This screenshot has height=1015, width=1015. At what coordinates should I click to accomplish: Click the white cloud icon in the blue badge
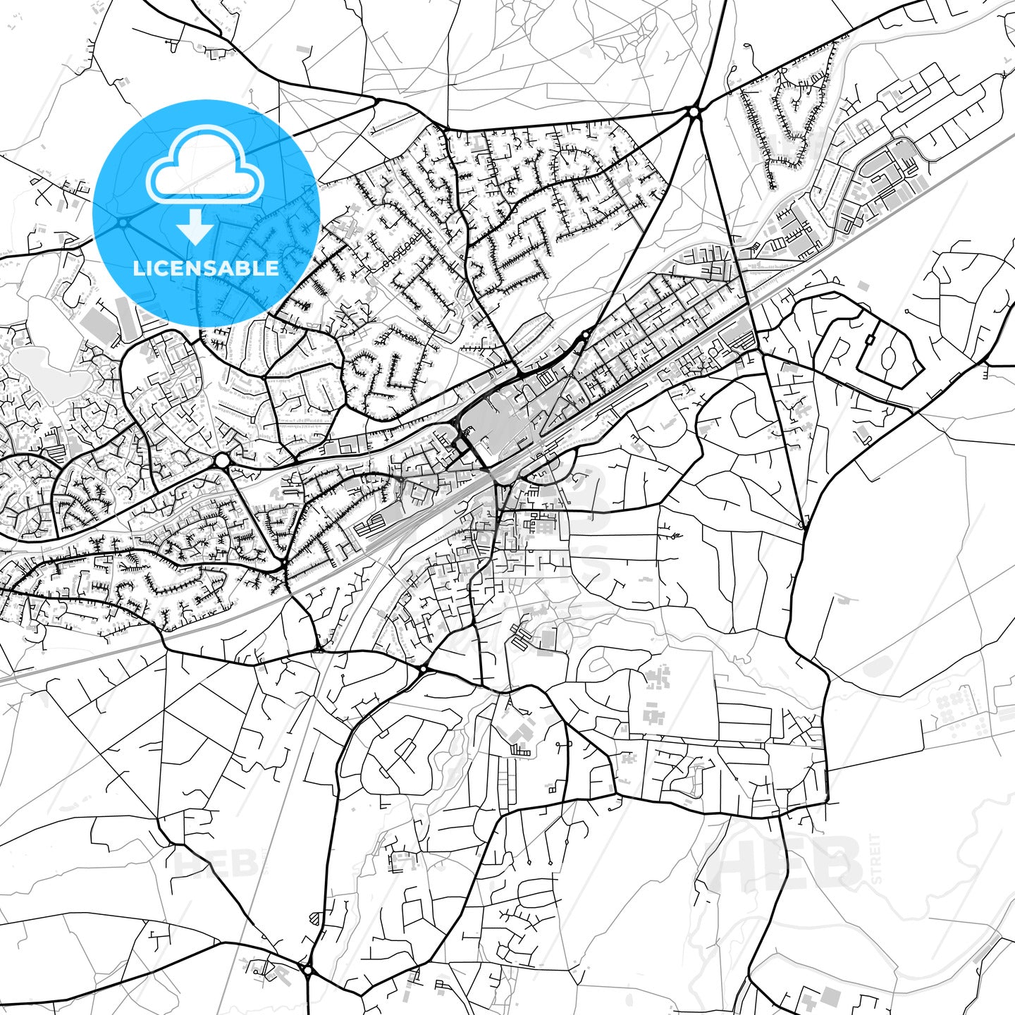coord(205,165)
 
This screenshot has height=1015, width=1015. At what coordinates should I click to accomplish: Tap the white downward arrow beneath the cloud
coord(196,227)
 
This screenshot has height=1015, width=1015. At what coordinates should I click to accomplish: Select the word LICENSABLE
coord(206,268)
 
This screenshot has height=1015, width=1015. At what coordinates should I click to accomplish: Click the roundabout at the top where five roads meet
coord(694,111)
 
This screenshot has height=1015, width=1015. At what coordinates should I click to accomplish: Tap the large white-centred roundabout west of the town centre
coord(222,460)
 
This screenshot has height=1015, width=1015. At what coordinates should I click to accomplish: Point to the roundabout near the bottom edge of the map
coord(308,971)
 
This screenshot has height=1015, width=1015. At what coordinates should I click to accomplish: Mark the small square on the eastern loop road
coord(869,340)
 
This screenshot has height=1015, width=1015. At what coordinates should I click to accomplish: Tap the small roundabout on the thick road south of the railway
coord(423,668)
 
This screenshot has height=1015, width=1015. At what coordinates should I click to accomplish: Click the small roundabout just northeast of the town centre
coord(586,335)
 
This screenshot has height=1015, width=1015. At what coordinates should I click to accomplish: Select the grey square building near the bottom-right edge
coord(831,996)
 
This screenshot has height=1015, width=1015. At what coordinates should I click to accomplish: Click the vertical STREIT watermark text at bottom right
coord(876,859)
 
